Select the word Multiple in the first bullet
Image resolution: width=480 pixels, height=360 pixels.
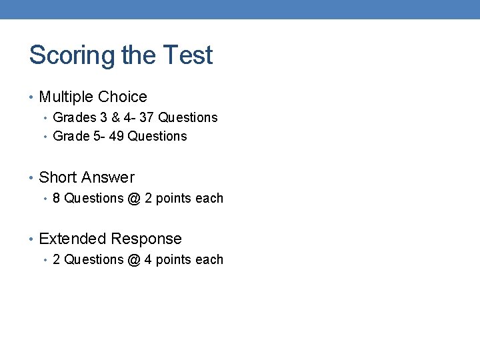click(x=65, y=97)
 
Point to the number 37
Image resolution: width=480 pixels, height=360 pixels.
click(x=146, y=117)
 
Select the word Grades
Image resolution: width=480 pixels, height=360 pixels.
click(x=75, y=117)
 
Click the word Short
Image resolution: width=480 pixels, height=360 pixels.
click(x=57, y=178)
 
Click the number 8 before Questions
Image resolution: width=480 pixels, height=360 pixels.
click(x=57, y=198)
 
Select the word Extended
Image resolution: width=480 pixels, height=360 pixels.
click(x=73, y=239)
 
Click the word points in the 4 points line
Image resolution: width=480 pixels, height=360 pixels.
click(x=171, y=260)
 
